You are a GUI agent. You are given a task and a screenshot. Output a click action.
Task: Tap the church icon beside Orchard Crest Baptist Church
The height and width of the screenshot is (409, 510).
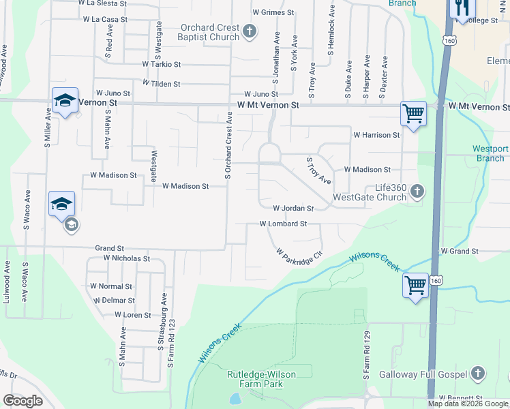[x=250, y=31]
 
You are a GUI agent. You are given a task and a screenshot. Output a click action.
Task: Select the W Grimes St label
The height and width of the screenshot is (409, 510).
[x=273, y=12]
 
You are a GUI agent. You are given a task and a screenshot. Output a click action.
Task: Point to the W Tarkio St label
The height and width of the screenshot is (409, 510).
[x=162, y=64]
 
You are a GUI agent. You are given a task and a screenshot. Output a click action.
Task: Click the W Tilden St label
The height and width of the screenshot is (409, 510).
[x=161, y=84]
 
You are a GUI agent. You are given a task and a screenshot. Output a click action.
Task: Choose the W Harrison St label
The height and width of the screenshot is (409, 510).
[x=376, y=135]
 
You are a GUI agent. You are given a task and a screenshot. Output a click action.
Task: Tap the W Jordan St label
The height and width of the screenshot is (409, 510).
[x=293, y=209]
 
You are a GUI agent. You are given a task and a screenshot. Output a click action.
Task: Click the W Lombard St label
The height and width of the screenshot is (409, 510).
[x=283, y=224]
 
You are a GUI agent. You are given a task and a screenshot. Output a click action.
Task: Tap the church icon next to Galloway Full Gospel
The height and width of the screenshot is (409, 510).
[x=478, y=374]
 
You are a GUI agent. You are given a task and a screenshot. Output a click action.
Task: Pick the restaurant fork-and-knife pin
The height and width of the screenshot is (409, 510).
[x=462, y=8]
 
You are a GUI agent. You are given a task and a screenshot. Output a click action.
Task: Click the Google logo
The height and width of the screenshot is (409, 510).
[x=22, y=401]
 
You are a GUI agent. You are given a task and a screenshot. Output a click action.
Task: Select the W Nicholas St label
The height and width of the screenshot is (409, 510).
[x=127, y=258]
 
